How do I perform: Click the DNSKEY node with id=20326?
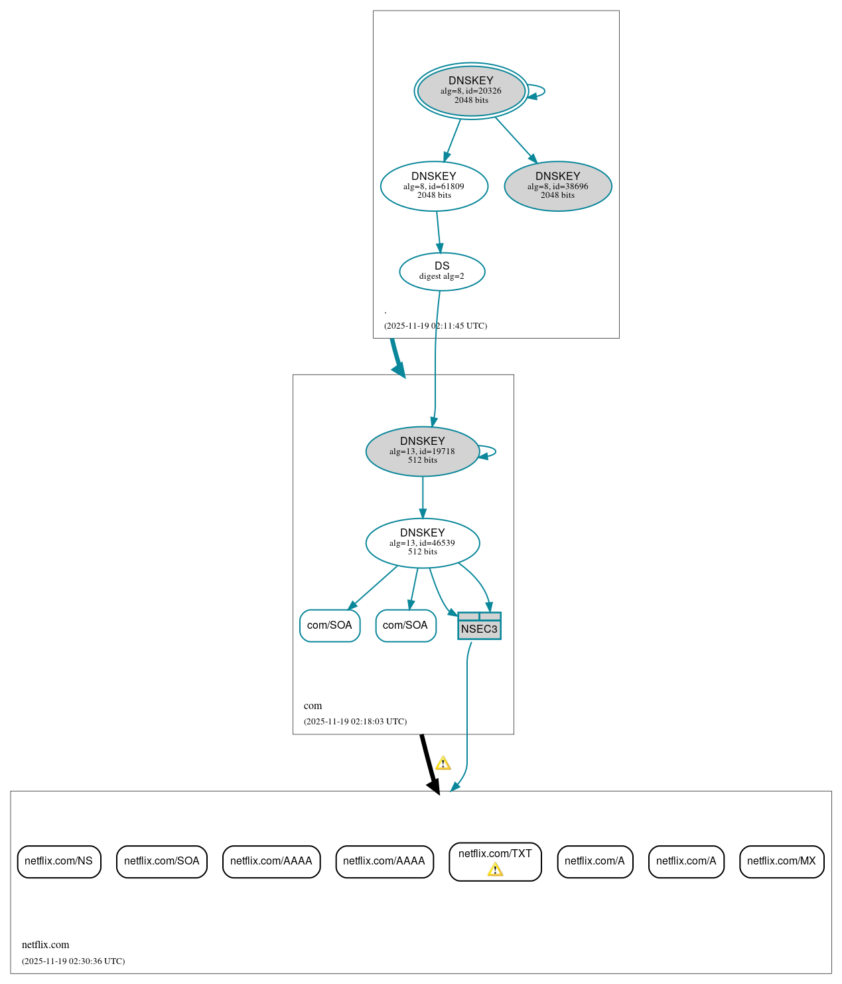(x=471, y=91)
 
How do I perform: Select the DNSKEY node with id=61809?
(x=434, y=186)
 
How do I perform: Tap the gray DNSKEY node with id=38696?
(x=558, y=186)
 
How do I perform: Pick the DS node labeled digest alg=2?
(x=442, y=271)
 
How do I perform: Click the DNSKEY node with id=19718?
(x=423, y=451)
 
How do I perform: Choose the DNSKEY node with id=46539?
(x=423, y=542)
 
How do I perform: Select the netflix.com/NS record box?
(x=59, y=861)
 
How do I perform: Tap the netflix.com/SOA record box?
(x=162, y=861)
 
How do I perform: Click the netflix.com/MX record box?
(x=782, y=861)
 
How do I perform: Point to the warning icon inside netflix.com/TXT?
(x=495, y=870)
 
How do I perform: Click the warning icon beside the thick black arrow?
(x=443, y=764)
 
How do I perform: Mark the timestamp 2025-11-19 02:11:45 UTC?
(x=435, y=326)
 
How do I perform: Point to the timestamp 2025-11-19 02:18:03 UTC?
(x=355, y=722)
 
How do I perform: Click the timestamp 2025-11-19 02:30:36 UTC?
(x=73, y=961)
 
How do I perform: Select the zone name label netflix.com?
(x=45, y=945)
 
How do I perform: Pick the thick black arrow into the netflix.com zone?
(x=429, y=764)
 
